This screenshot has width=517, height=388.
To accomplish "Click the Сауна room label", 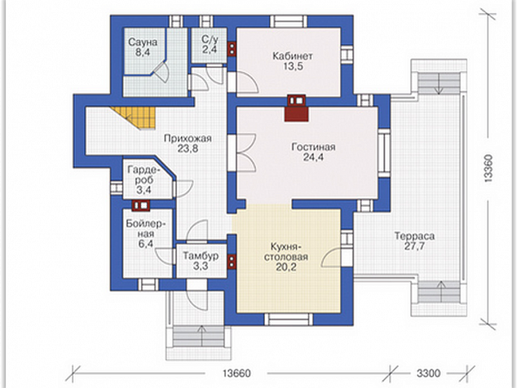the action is (x=143, y=42).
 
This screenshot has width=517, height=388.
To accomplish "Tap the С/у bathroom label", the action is (x=210, y=40).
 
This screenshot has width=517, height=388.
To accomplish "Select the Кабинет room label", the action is (x=293, y=55).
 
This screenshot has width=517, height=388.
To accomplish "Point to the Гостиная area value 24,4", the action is (x=313, y=157).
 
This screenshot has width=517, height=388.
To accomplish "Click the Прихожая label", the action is (x=188, y=139).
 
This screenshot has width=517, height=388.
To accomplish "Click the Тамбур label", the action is (x=201, y=256).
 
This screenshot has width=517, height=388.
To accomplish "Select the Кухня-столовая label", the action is (x=286, y=252).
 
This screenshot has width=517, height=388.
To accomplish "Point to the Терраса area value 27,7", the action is (x=414, y=246).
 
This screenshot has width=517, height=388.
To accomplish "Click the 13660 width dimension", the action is (x=236, y=373).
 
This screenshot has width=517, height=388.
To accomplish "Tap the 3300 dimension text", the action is (x=428, y=373).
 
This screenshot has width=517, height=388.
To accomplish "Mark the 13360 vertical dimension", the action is (x=488, y=168).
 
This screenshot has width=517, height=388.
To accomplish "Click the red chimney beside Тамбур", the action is (x=232, y=262).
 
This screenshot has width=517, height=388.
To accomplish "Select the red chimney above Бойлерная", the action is (x=141, y=205).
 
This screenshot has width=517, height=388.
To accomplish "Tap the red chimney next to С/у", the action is (x=232, y=49).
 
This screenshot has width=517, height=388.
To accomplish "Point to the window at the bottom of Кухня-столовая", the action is (x=289, y=319).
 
